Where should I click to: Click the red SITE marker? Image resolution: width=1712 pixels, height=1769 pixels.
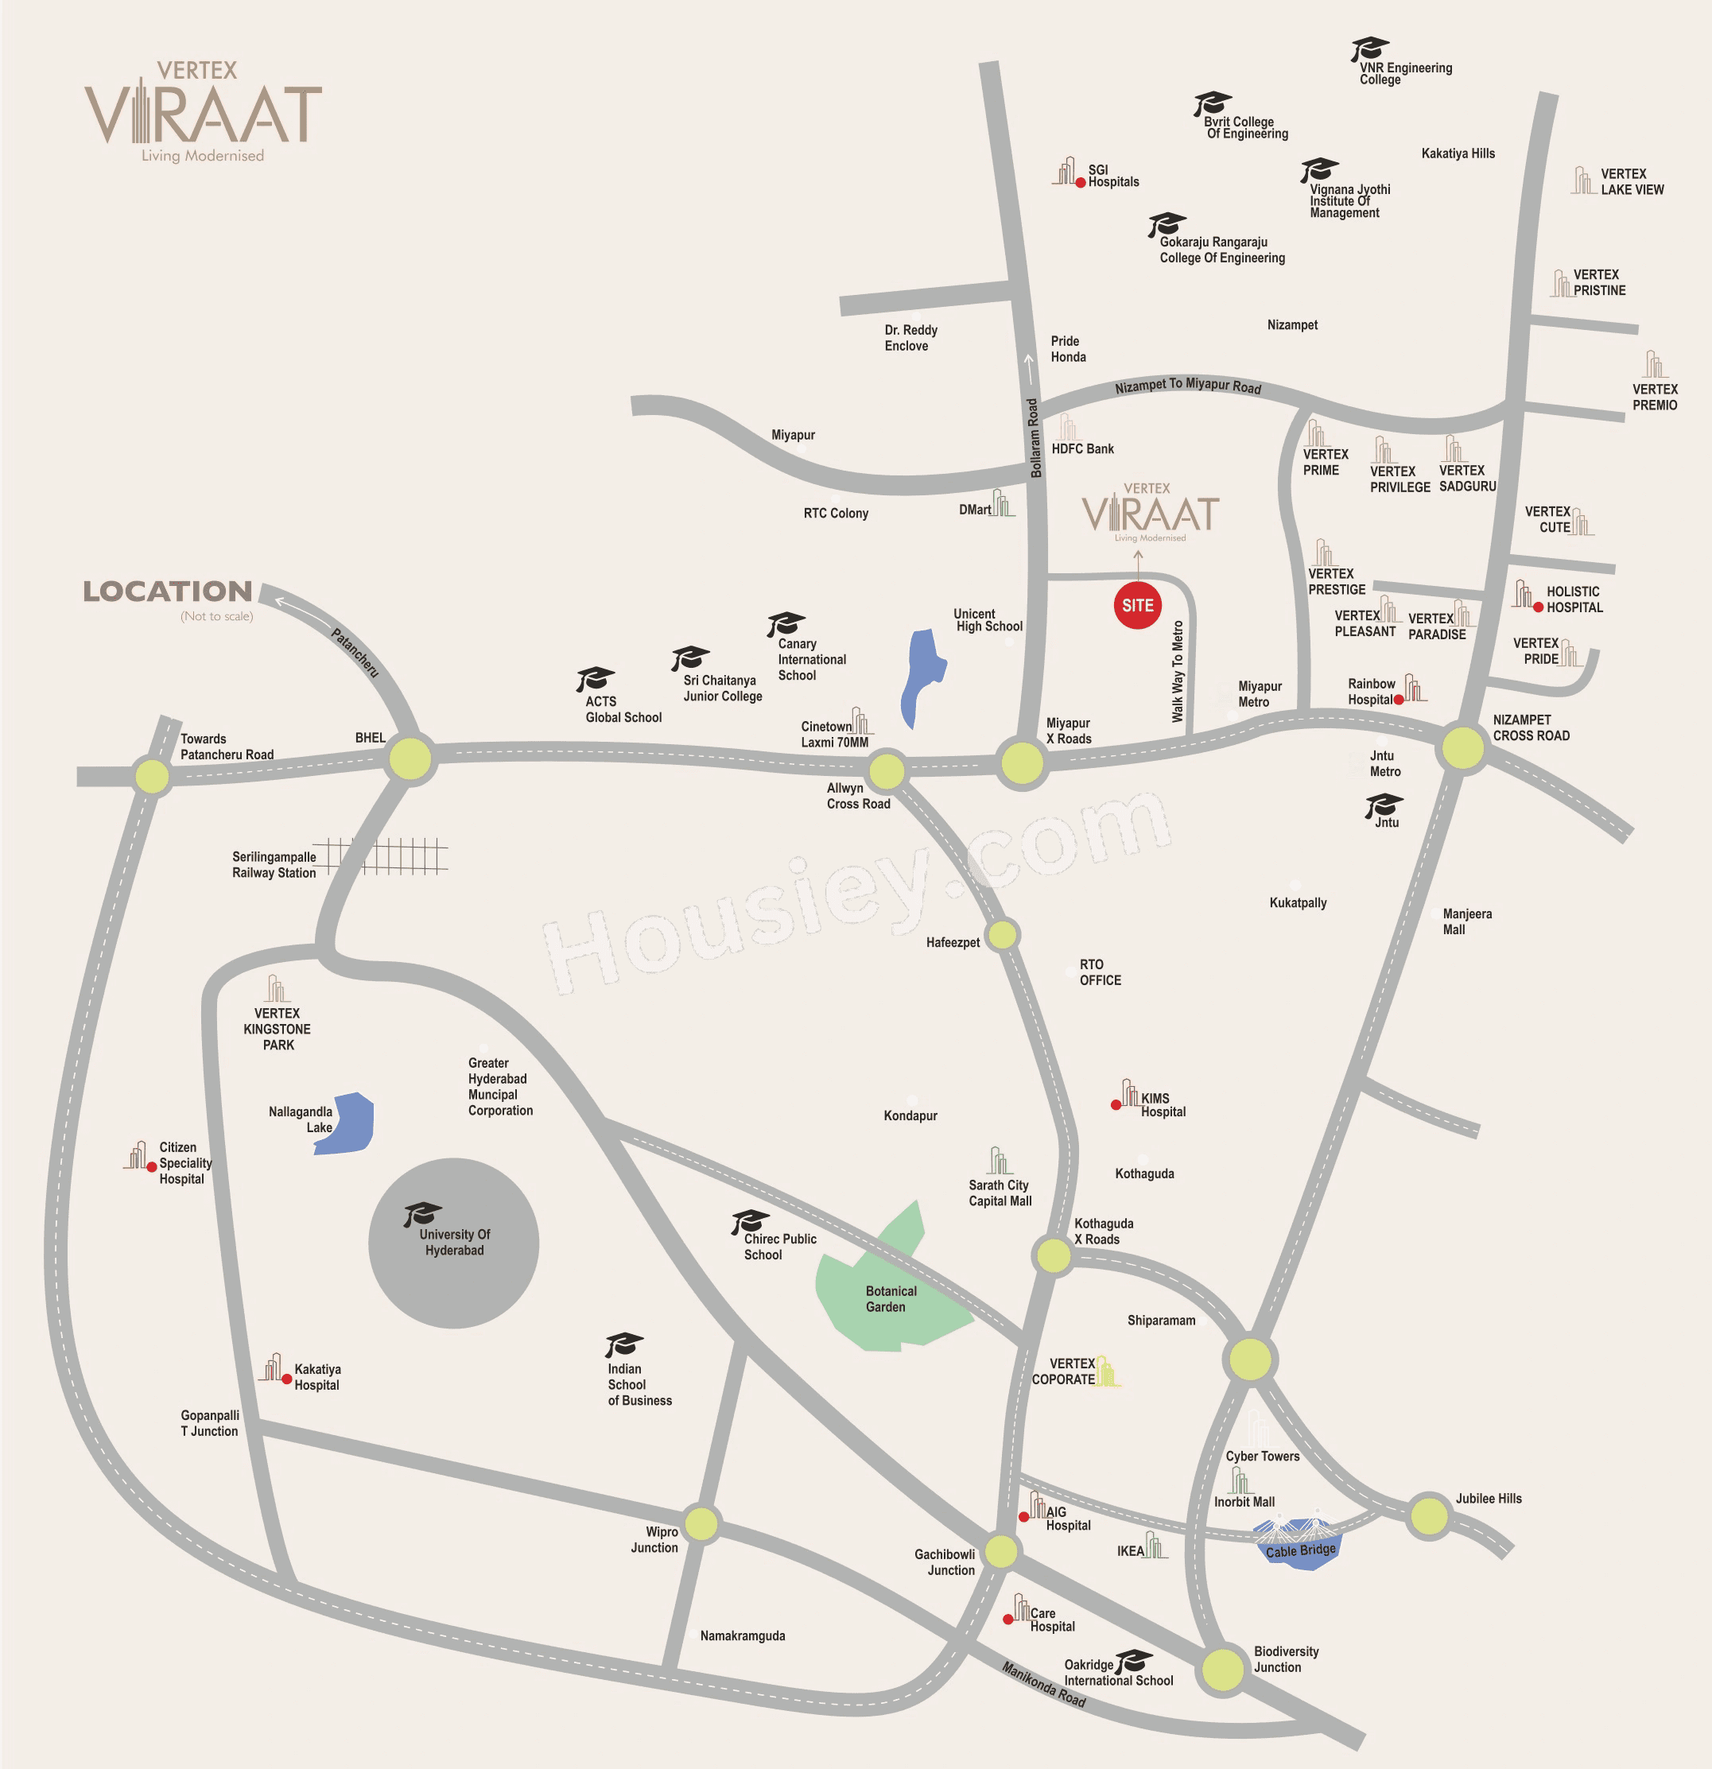[x=1137, y=605]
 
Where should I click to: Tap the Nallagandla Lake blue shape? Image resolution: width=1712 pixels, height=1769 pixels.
[x=347, y=1124]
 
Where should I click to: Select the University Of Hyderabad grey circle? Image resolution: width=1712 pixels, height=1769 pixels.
[x=453, y=1243]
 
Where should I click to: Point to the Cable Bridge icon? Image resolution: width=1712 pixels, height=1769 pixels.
[x=1299, y=1543]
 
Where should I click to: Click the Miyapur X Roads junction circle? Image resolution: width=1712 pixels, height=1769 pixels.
[x=1022, y=762]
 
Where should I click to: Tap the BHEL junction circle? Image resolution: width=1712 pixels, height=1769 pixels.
[x=410, y=758]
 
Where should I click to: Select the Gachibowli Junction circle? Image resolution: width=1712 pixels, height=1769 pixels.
[x=1001, y=1551]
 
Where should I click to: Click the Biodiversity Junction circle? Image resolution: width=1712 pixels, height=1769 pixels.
[x=1223, y=1669]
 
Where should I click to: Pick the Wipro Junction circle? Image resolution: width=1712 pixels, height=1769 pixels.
[x=701, y=1523]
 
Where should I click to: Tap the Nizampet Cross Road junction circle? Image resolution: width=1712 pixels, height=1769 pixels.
[x=1462, y=747]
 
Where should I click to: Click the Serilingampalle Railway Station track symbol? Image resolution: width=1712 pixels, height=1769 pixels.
[x=388, y=855]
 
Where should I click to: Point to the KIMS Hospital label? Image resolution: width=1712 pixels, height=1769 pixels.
[x=1162, y=1104]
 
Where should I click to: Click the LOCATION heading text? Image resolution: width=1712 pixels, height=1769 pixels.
[x=168, y=592]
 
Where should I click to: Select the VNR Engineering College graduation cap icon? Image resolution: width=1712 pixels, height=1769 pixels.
[x=1369, y=48]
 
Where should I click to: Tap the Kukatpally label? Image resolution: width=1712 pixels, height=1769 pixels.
[x=1297, y=902]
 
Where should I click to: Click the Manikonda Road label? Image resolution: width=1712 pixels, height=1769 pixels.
[x=1043, y=1684]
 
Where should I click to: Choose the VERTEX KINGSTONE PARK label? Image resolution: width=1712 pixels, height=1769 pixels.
[x=277, y=1029]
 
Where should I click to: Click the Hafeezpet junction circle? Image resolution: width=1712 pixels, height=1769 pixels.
[x=1002, y=935]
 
